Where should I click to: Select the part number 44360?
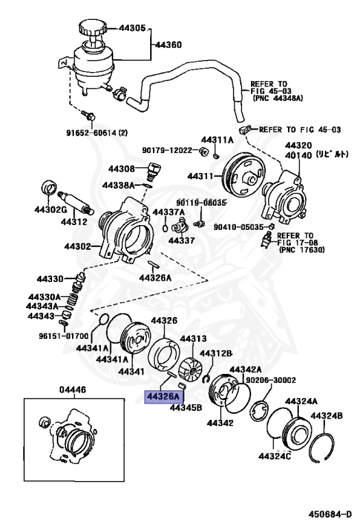point(168,45)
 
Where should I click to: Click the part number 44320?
point(298,145)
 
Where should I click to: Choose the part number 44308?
point(121,168)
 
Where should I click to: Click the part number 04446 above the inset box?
point(73,390)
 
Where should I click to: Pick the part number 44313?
point(193,338)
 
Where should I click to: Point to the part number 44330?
point(50,279)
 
